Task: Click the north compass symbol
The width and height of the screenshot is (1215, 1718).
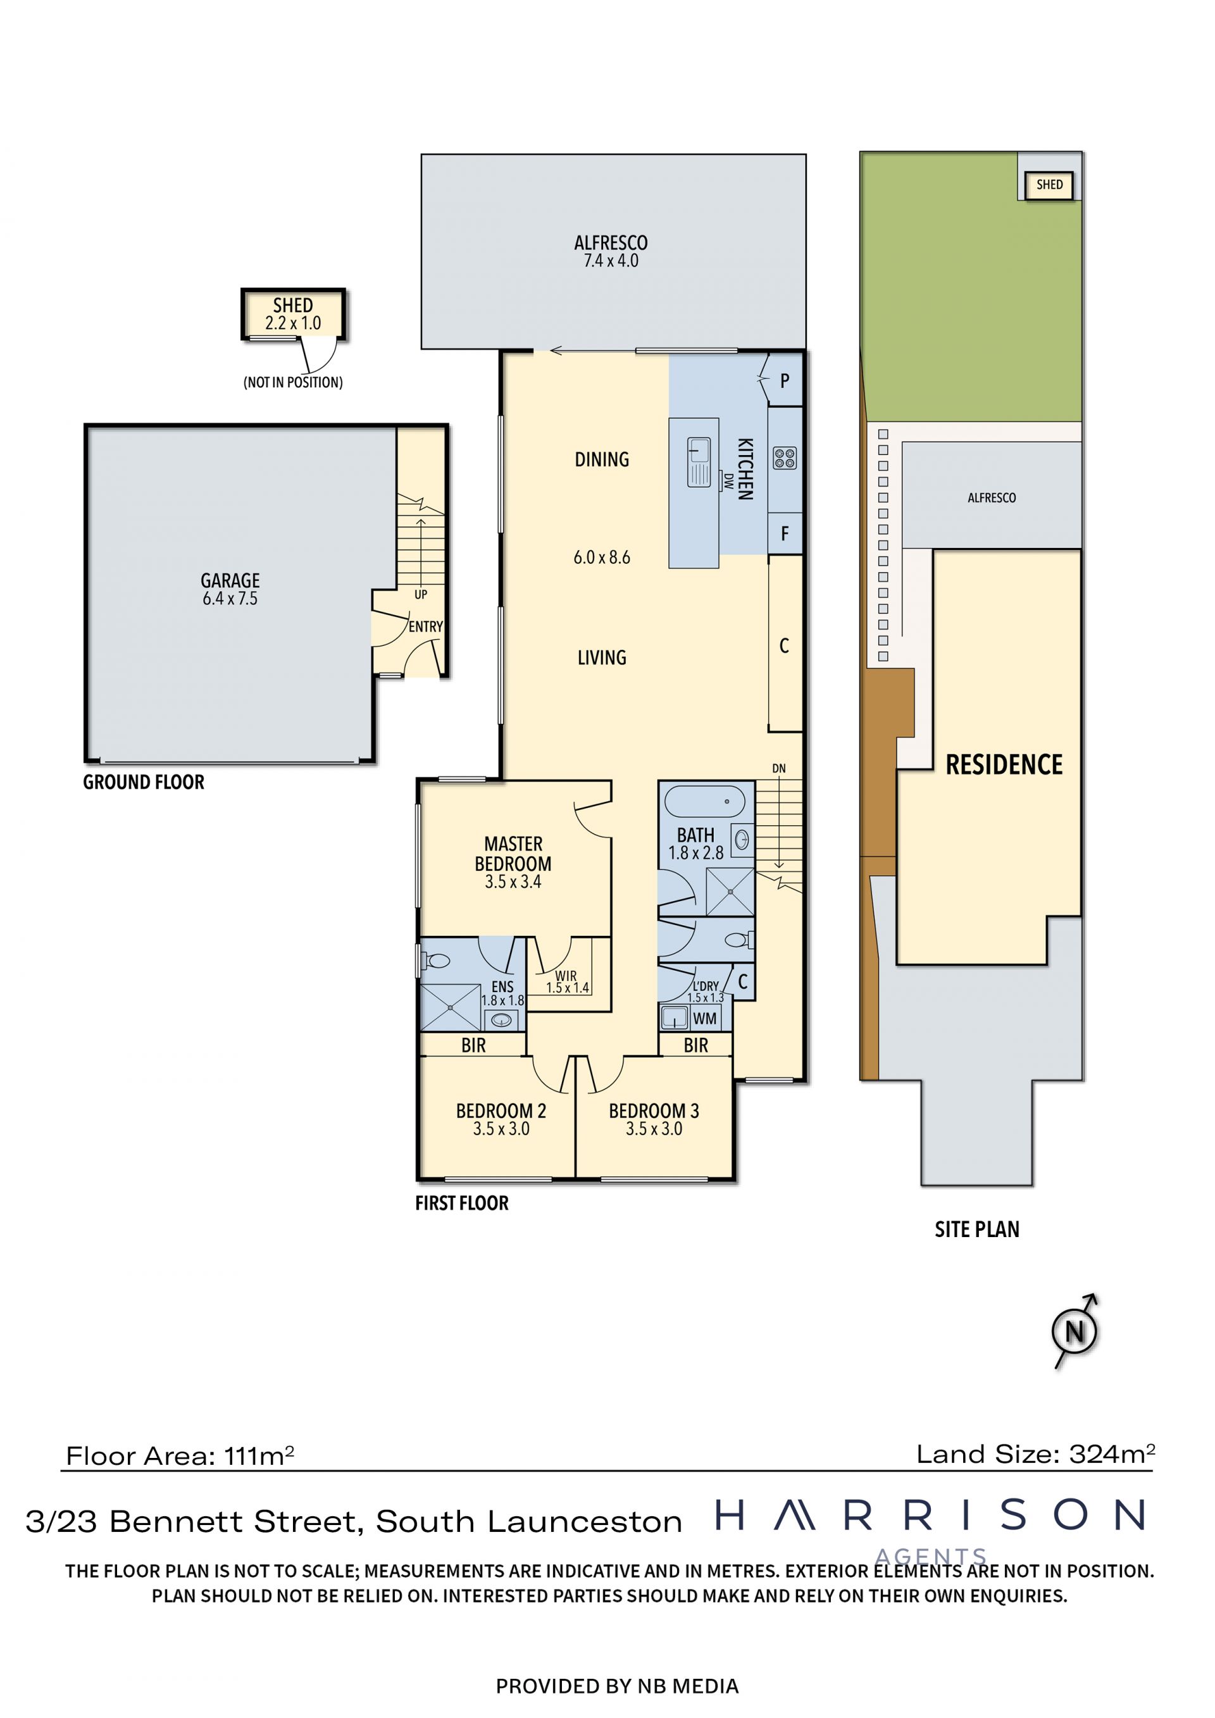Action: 1075,1332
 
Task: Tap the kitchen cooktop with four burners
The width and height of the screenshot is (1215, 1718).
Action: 785,458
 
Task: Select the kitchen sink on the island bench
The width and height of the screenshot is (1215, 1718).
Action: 699,462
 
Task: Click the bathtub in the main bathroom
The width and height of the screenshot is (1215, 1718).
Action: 705,801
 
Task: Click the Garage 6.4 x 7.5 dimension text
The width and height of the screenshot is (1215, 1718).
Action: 230,598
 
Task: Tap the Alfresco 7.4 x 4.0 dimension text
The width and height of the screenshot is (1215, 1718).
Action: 611,261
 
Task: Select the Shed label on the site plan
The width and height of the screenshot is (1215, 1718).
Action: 1049,185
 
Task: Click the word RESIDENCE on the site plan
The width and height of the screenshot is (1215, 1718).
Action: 1004,765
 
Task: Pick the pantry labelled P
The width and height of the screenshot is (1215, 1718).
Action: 785,381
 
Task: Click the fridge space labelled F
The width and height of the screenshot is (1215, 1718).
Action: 785,533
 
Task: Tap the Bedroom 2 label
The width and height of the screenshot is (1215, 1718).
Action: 501,1111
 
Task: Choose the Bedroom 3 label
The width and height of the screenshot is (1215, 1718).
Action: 654,1111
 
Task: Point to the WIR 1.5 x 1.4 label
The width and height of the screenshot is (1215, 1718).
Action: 567,981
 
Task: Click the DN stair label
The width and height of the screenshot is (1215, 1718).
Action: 779,768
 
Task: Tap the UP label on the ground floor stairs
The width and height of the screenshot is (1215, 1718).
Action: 420,594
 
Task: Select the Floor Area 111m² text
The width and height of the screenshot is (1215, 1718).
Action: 180,1455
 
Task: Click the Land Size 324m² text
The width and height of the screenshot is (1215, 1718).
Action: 1036,1454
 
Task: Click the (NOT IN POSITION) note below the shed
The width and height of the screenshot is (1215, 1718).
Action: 293,382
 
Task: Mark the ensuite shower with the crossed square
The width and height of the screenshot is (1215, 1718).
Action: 451,1007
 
